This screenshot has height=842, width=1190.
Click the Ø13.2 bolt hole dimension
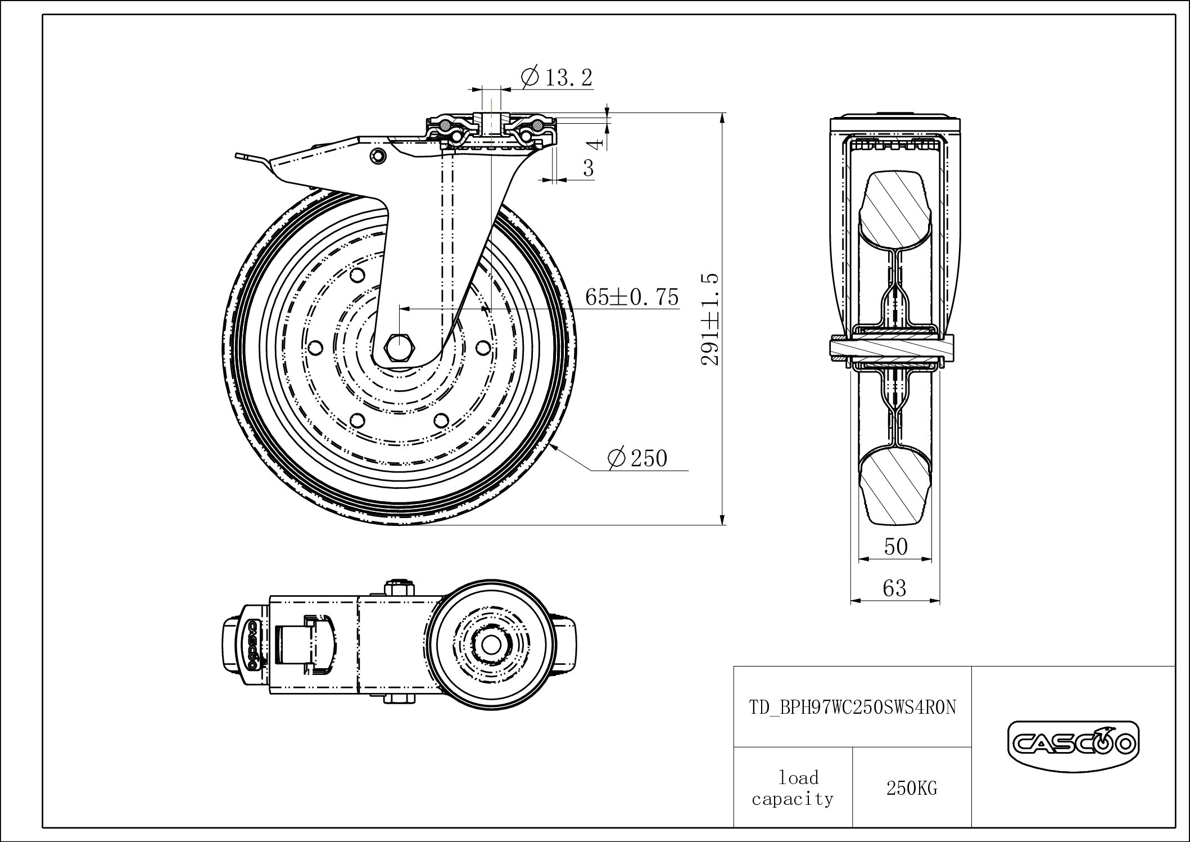(556, 78)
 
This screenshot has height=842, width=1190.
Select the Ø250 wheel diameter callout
(637, 458)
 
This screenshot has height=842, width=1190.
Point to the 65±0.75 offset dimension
(632, 296)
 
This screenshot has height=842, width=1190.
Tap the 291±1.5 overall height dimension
(710, 319)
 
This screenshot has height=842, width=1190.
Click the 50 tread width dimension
(895, 546)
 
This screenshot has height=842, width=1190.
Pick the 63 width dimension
(894, 588)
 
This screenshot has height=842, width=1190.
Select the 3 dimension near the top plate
(588, 168)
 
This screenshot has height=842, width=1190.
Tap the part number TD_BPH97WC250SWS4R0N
(853, 707)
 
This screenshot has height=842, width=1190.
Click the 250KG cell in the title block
(912, 789)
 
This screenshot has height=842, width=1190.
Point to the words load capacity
(793, 788)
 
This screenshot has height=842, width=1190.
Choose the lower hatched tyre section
(895, 485)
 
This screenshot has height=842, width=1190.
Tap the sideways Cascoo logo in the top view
(252, 645)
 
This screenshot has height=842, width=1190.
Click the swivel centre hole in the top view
(487, 645)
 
